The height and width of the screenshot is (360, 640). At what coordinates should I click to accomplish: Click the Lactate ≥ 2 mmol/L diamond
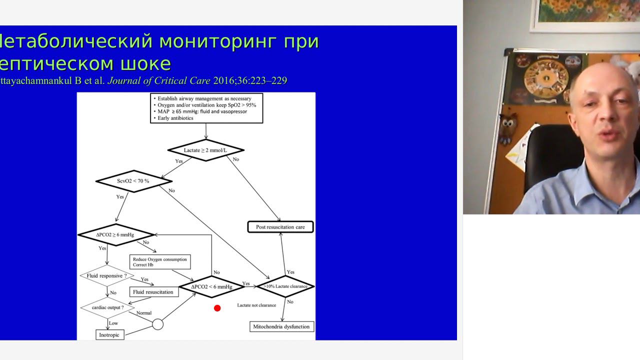point(206,150)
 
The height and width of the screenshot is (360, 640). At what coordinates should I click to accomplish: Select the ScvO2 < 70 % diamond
point(133,180)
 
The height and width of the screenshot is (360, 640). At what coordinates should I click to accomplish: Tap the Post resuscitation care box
point(280,227)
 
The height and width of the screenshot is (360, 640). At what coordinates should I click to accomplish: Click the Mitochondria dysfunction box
point(282,326)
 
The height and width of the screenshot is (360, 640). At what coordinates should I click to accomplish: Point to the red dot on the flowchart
point(217,308)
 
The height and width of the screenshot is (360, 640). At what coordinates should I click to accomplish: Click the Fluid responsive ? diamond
point(107,275)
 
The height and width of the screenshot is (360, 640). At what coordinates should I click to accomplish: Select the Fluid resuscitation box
point(153,291)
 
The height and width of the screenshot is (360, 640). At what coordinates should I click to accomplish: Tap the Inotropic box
point(109,334)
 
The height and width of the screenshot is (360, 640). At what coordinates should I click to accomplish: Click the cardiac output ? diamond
point(107,307)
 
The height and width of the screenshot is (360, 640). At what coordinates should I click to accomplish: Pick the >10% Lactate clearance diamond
point(285,286)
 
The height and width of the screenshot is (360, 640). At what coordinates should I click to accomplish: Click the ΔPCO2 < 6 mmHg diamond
point(212,286)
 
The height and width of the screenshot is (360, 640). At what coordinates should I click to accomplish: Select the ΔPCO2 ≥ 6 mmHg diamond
point(115,234)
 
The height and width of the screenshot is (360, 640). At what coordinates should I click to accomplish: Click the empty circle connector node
point(157,324)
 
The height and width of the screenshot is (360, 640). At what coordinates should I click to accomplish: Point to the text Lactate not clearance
point(256,305)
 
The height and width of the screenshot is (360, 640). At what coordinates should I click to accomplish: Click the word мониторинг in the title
point(217,41)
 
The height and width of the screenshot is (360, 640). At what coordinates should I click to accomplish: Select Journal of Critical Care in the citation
point(159,80)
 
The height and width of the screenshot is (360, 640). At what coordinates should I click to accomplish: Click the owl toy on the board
point(508,126)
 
